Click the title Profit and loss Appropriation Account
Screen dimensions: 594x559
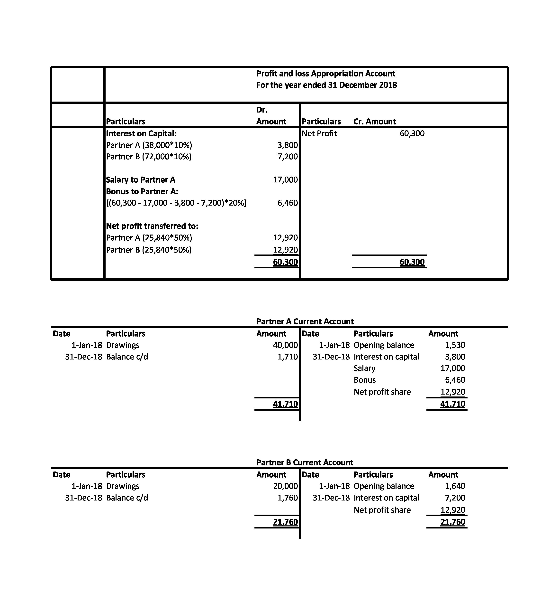pos(326,74)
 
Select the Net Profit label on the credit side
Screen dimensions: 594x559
pos(319,133)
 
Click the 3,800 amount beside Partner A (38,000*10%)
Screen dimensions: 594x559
pos(288,145)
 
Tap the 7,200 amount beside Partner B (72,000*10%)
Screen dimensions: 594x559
pos(288,157)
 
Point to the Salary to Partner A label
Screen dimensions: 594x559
pos(141,180)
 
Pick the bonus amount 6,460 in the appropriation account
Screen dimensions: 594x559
pos(288,203)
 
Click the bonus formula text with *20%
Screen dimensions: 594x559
pos(176,203)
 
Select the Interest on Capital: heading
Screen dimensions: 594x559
pos(141,133)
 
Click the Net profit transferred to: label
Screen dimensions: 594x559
pos(152,226)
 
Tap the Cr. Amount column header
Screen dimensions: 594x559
pos(375,122)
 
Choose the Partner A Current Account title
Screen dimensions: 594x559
pos(305,321)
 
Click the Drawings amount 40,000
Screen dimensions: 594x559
pos(285,345)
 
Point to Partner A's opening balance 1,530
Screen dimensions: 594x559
pos(455,345)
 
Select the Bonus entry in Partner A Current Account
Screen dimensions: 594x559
pos(364,380)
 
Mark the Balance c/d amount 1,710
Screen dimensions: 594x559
pos(288,357)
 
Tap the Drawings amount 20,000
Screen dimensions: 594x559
pos(285,486)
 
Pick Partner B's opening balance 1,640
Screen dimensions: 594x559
pos(455,486)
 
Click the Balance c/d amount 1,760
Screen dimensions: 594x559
pos(288,498)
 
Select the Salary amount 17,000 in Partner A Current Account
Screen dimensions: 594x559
pos(453,368)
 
